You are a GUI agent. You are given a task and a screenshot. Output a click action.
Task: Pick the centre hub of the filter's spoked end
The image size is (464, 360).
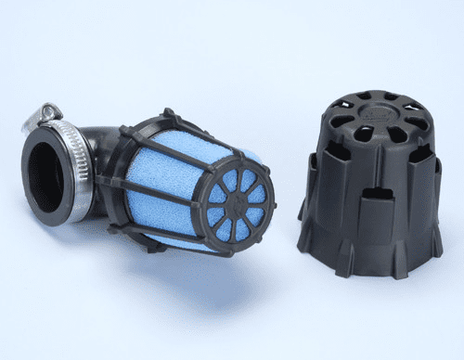pyautogui.click(x=232, y=199)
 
